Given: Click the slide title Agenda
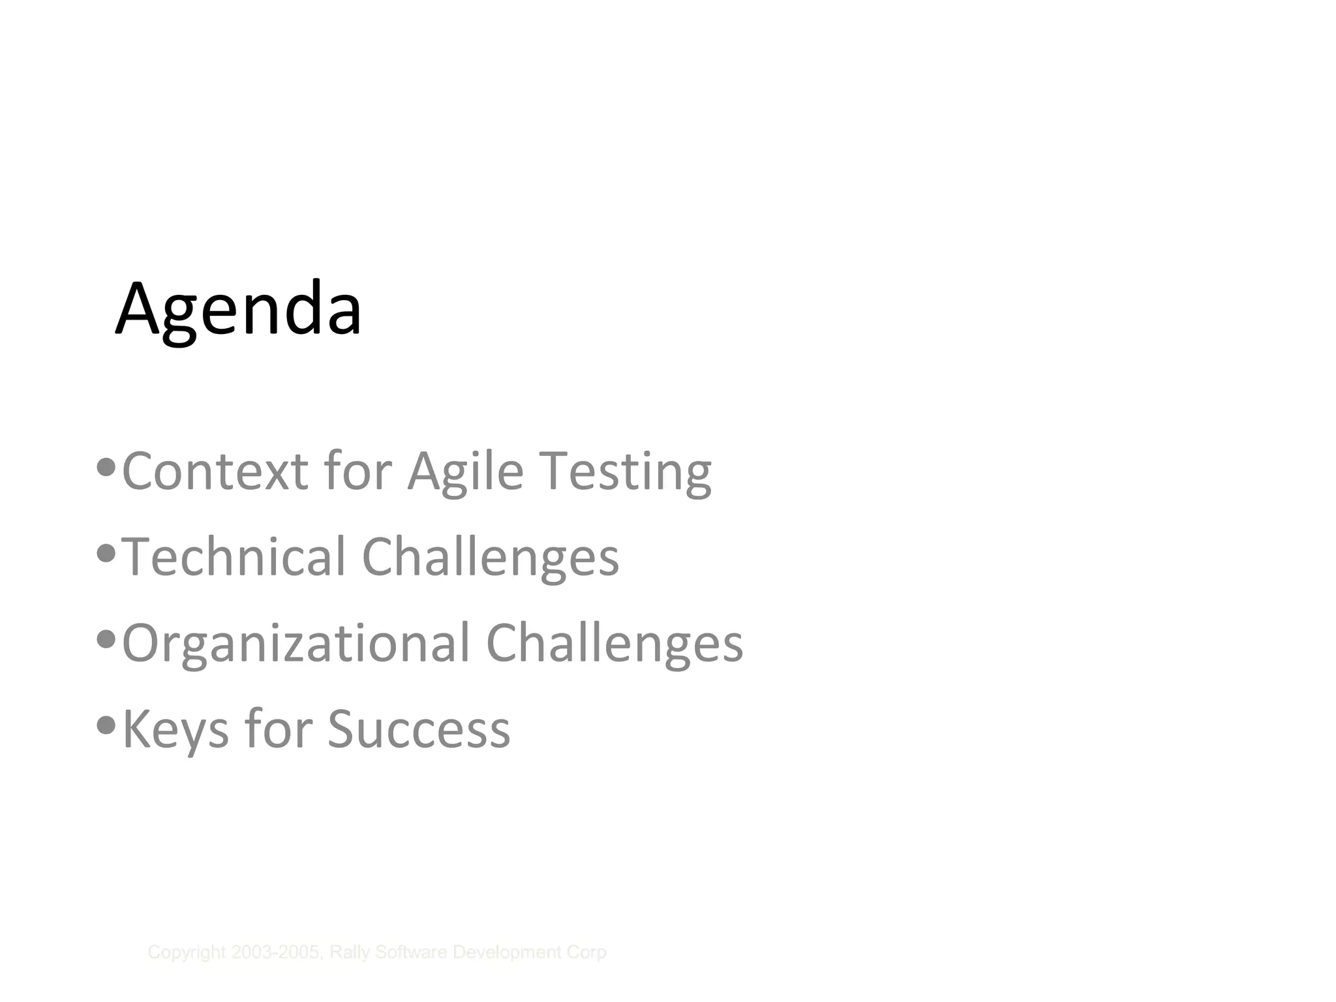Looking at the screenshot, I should click(x=238, y=309).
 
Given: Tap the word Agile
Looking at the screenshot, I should click(x=466, y=471).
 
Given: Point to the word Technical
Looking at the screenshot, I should click(x=234, y=557).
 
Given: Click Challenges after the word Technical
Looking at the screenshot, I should click(x=490, y=557).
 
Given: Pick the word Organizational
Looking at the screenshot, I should click(x=296, y=643).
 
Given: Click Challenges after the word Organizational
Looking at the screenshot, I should click(x=615, y=643).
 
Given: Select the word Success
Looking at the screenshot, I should click(x=419, y=729).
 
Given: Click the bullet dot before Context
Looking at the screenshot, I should click(x=106, y=467).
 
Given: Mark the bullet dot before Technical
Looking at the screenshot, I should click(x=106, y=553).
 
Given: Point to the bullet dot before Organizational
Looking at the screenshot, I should click(x=106, y=639).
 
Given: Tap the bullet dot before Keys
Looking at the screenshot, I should click(x=106, y=725).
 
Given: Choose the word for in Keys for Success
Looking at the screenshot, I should click(x=279, y=729).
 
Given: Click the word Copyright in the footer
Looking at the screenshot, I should click(x=187, y=953).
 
